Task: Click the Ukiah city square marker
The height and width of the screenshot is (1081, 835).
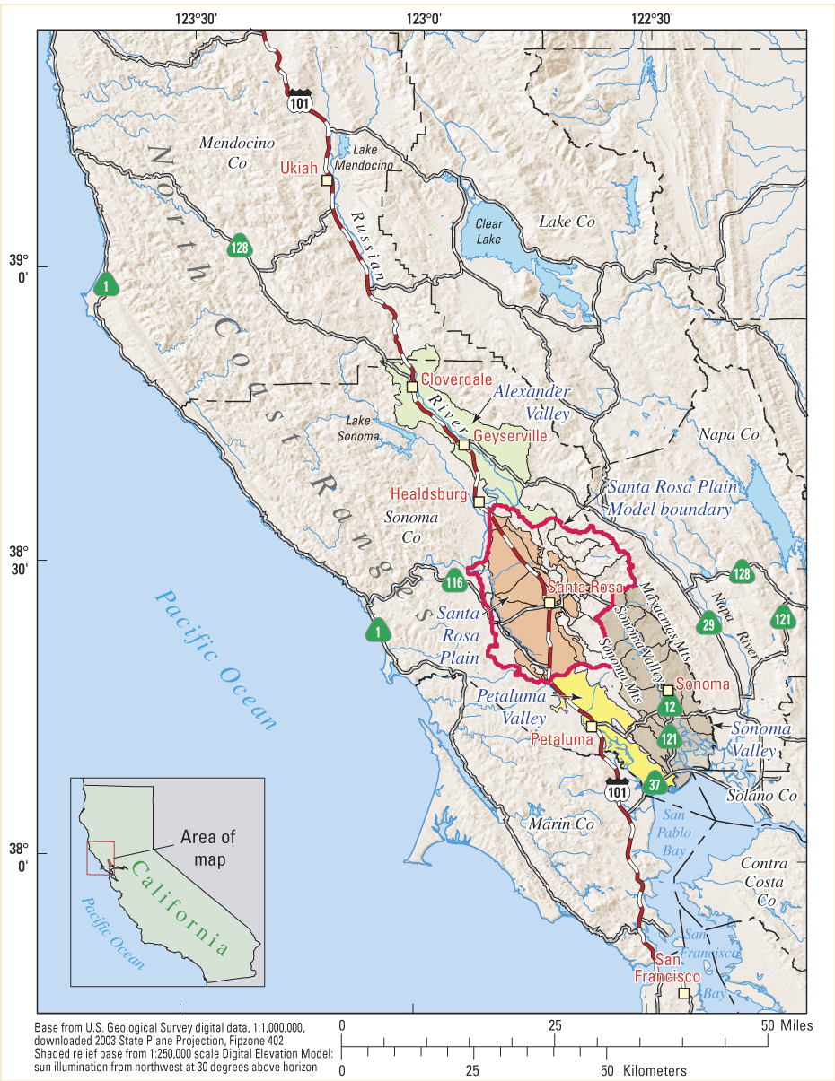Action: [x=327, y=180]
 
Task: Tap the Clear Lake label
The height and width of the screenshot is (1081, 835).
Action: [x=489, y=231]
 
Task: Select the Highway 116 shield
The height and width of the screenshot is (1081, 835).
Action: [x=454, y=583]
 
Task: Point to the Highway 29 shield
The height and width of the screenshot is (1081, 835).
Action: [x=708, y=625]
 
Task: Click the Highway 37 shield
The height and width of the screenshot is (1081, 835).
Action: [x=655, y=783]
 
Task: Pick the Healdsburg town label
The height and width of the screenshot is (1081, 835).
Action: [x=428, y=494]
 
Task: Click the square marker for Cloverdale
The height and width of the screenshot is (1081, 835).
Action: [x=412, y=387]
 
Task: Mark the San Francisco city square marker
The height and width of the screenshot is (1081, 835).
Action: [x=683, y=993]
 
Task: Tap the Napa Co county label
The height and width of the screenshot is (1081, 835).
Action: [x=729, y=434]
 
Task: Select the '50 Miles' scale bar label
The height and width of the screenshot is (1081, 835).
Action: [x=787, y=1025]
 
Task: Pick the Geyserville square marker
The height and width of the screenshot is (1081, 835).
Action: [x=463, y=445]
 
